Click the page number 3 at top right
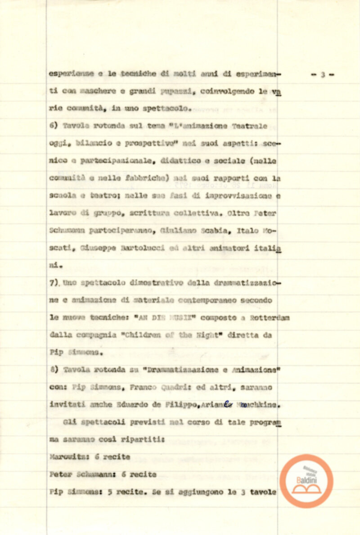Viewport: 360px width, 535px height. pyautogui.click(x=323, y=75)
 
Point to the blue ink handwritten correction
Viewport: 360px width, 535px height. pyautogui.click(x=228, y=404)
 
